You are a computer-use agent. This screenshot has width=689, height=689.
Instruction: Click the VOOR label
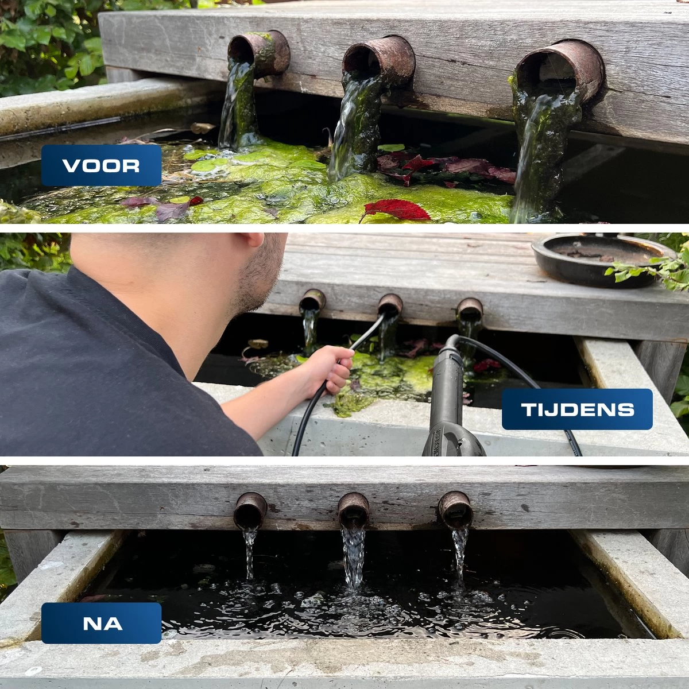coord(101,165)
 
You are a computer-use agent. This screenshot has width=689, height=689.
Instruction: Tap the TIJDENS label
coord(577,409)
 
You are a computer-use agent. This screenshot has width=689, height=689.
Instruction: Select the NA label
coord(101,623)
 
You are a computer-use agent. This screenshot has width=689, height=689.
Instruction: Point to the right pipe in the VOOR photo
coord(560,72)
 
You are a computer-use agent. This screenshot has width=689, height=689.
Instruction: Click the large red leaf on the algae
coord(397,210)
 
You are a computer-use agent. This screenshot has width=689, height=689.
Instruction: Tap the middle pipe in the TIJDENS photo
coord(390,304)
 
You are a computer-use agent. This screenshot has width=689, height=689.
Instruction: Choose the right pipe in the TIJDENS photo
coord(470,309)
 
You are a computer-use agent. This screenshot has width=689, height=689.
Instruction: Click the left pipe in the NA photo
coord(250,510)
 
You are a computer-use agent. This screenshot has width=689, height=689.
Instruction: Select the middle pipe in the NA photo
coord(353,510)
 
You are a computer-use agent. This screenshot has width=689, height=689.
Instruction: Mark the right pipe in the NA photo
coord(455,509)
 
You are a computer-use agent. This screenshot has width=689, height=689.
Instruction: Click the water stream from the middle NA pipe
coord(353,557)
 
